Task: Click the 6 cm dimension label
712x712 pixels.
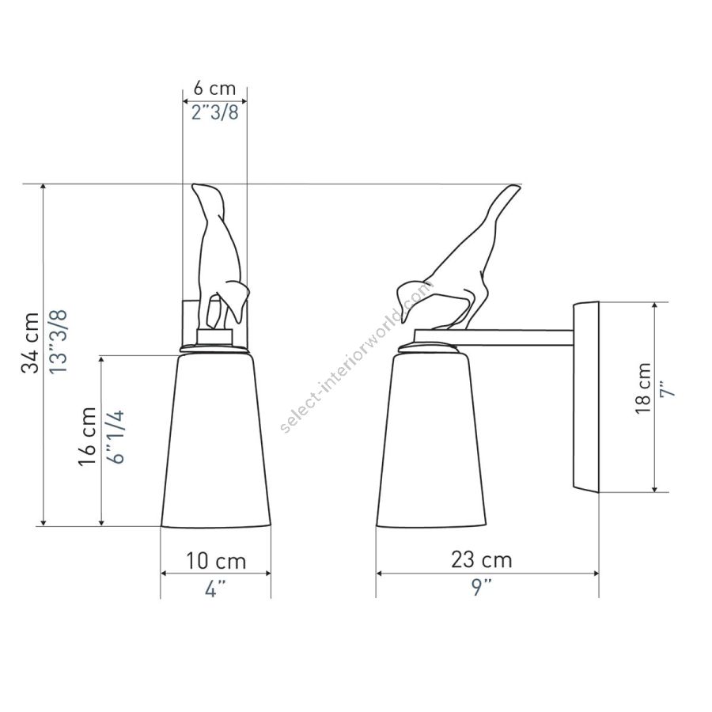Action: (214, 88)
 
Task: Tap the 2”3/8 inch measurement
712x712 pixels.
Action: (214, 112)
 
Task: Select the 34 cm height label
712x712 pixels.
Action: (30, 343)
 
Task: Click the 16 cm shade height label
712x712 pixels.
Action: (87, 437)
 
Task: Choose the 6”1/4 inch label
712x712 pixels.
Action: (116, 437)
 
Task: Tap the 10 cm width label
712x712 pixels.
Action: (216, 561)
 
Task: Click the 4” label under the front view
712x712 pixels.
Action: (215, 589)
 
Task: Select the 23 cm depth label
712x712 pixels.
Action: (482, 560)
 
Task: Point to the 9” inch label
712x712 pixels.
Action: (481, 588)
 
